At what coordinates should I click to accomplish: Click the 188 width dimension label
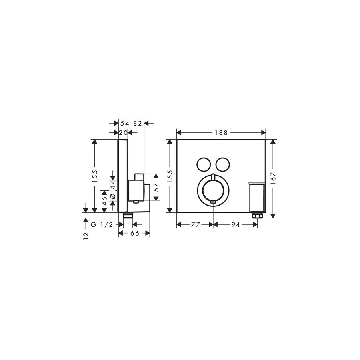[221, 133]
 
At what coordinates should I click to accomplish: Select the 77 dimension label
[196, 225]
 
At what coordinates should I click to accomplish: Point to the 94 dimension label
[235, 225]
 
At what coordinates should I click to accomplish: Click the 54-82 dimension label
[131, 124]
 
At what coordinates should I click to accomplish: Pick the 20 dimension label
[123, 133]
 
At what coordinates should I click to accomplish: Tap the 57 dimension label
[156, 187]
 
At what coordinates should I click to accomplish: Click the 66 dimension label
[135, 233]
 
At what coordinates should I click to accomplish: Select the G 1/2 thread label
[102, 225]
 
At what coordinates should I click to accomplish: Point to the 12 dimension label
[86, 236]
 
